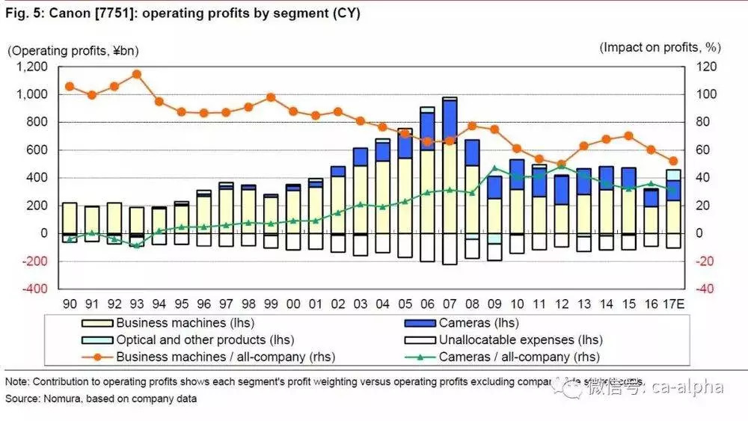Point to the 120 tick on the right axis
[707, 67]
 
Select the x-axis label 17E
[673, 304]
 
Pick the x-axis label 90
[69, 304]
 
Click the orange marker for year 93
[137, 74]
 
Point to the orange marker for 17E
[673, 161]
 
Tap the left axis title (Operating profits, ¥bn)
[73, 50]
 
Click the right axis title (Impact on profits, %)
[660, 47]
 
